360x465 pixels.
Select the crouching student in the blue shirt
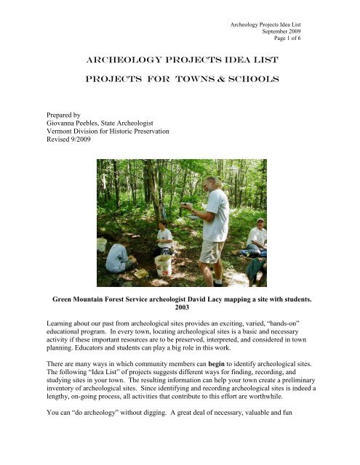pos(117,256)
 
